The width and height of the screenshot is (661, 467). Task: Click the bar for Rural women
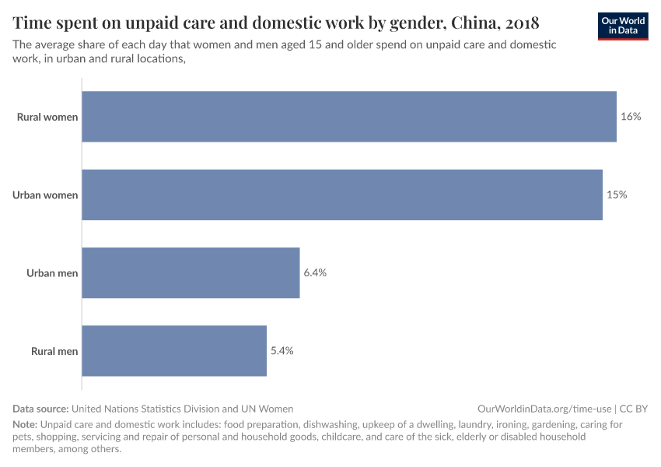(x=349, y=117)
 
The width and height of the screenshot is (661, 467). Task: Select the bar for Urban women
(x=342, y=195)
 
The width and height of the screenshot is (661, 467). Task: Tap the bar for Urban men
(x=191, y=272)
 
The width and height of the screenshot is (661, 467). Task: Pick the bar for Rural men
(x=174, y=351)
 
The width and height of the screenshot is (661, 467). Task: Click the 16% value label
(x=631, y=117)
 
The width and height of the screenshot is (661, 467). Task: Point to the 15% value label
(x=617, y=195)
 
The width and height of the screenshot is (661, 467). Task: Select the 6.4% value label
(x=315, y=272)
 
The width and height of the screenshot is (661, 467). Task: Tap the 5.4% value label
(x=282, y=351)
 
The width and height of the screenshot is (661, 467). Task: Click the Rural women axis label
(x=47, y=118)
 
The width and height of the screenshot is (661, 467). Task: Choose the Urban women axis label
(x=45, y=195)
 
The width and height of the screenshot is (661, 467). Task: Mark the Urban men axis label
(x=52, y=273)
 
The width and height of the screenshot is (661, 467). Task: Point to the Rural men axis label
(x=54, y=351)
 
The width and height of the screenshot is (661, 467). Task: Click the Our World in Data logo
(x=623, y=26)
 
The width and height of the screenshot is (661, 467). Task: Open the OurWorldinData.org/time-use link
(x=544, y=409)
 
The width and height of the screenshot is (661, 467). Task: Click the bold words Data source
(x=40, y=409)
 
